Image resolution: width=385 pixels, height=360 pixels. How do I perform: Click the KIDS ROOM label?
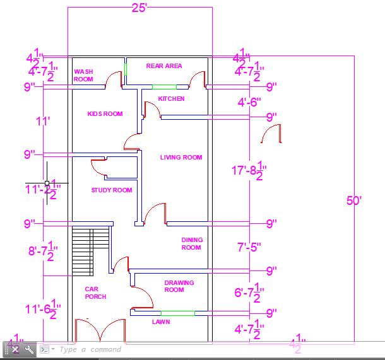(105, 114)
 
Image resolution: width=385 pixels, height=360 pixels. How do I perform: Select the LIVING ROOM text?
(181, 158)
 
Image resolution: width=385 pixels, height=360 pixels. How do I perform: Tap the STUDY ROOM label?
(112, 190)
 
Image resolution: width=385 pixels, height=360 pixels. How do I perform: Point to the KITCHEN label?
(171, 99)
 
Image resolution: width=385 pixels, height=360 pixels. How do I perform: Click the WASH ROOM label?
(83, 76)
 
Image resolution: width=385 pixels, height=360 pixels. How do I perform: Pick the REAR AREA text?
(164, 66)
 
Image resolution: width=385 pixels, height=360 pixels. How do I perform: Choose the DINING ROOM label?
(191, 244)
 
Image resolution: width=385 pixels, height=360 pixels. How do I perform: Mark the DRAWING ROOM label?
(179, 286)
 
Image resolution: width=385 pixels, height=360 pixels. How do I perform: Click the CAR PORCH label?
(95, 293)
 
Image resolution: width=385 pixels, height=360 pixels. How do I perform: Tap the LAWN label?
(161, 322)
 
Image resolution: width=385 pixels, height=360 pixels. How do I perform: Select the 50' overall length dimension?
(354, 201)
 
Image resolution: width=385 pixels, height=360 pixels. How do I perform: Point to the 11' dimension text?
(43, 121)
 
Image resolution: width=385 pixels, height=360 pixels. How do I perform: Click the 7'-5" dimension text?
(248, 247)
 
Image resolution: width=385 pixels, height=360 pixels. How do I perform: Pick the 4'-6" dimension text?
(249, 102)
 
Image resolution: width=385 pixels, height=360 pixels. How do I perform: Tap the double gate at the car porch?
(101, 330)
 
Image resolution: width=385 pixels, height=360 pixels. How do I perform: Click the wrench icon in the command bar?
(29, 349)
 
